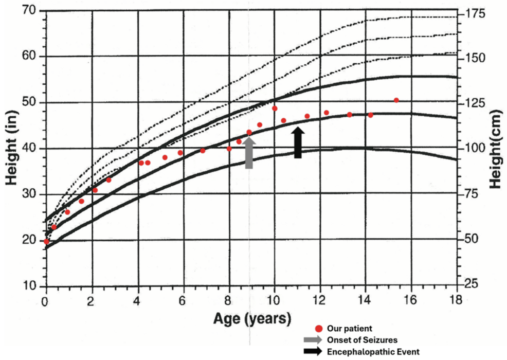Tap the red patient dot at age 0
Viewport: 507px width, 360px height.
(46, 241)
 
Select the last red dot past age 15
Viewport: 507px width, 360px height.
(396, 100)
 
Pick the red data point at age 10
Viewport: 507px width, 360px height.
(275, 109)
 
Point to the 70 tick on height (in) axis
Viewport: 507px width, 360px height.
(30, 10)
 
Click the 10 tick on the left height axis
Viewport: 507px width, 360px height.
(30, 286)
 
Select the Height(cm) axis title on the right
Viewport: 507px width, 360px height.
(496, 149)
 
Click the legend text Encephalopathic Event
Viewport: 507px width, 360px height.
(373, 352)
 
